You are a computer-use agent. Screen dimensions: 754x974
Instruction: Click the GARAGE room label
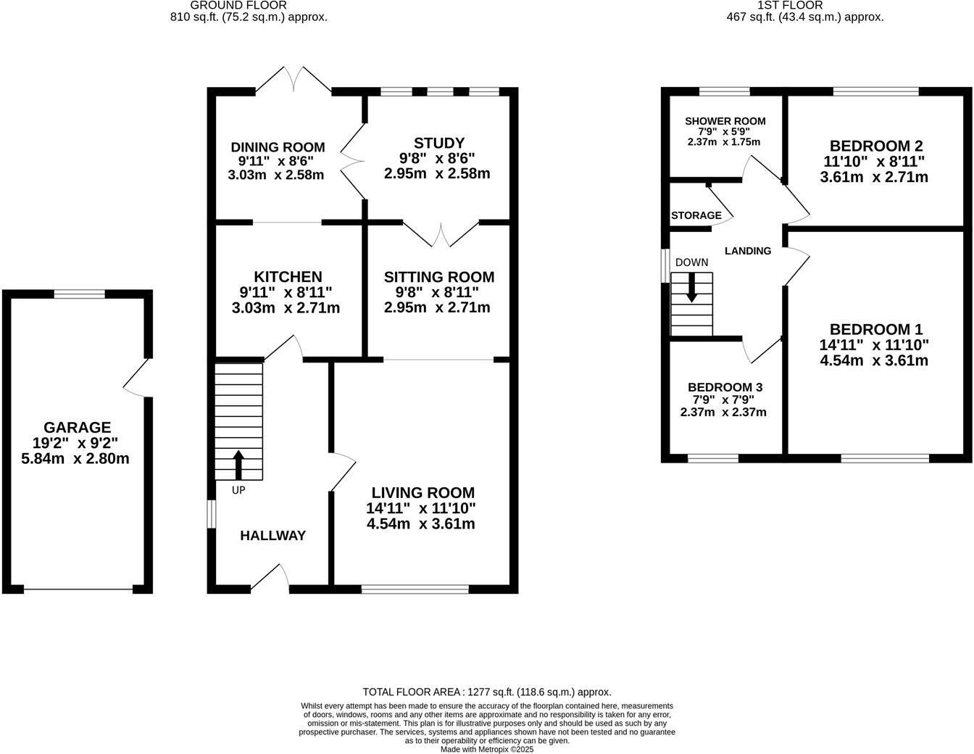point(77,428)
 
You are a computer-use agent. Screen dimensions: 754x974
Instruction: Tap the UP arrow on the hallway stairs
point(238,465)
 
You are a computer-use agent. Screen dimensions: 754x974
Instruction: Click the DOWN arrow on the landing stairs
point(691,286)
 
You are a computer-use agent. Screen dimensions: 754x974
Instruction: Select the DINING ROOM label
point(276,147)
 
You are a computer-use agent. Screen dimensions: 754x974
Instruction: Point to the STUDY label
point(438,143)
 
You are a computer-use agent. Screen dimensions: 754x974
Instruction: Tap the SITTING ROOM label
point(438,277)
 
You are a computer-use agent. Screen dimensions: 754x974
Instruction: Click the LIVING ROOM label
point(423,493)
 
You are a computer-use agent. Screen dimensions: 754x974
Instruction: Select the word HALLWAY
point(272,536)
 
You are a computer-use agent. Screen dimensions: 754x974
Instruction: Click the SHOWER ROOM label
point(725,121)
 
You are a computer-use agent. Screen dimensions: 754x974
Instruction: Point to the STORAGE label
point(696,215)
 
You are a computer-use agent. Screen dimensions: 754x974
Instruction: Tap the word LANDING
point(748,251)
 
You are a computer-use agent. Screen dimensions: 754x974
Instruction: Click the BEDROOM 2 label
point(875,146)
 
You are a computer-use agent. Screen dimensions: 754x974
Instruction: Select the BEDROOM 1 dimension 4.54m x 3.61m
point(874,360)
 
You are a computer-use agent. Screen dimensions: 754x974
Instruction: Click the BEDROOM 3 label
point(725,387)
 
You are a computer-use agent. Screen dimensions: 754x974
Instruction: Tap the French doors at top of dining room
point(294,80)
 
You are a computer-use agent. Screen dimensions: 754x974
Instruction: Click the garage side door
point(136,378)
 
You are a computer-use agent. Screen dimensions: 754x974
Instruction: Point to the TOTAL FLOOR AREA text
point(486,692)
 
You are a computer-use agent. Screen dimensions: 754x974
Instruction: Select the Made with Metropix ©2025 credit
point(487,750)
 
